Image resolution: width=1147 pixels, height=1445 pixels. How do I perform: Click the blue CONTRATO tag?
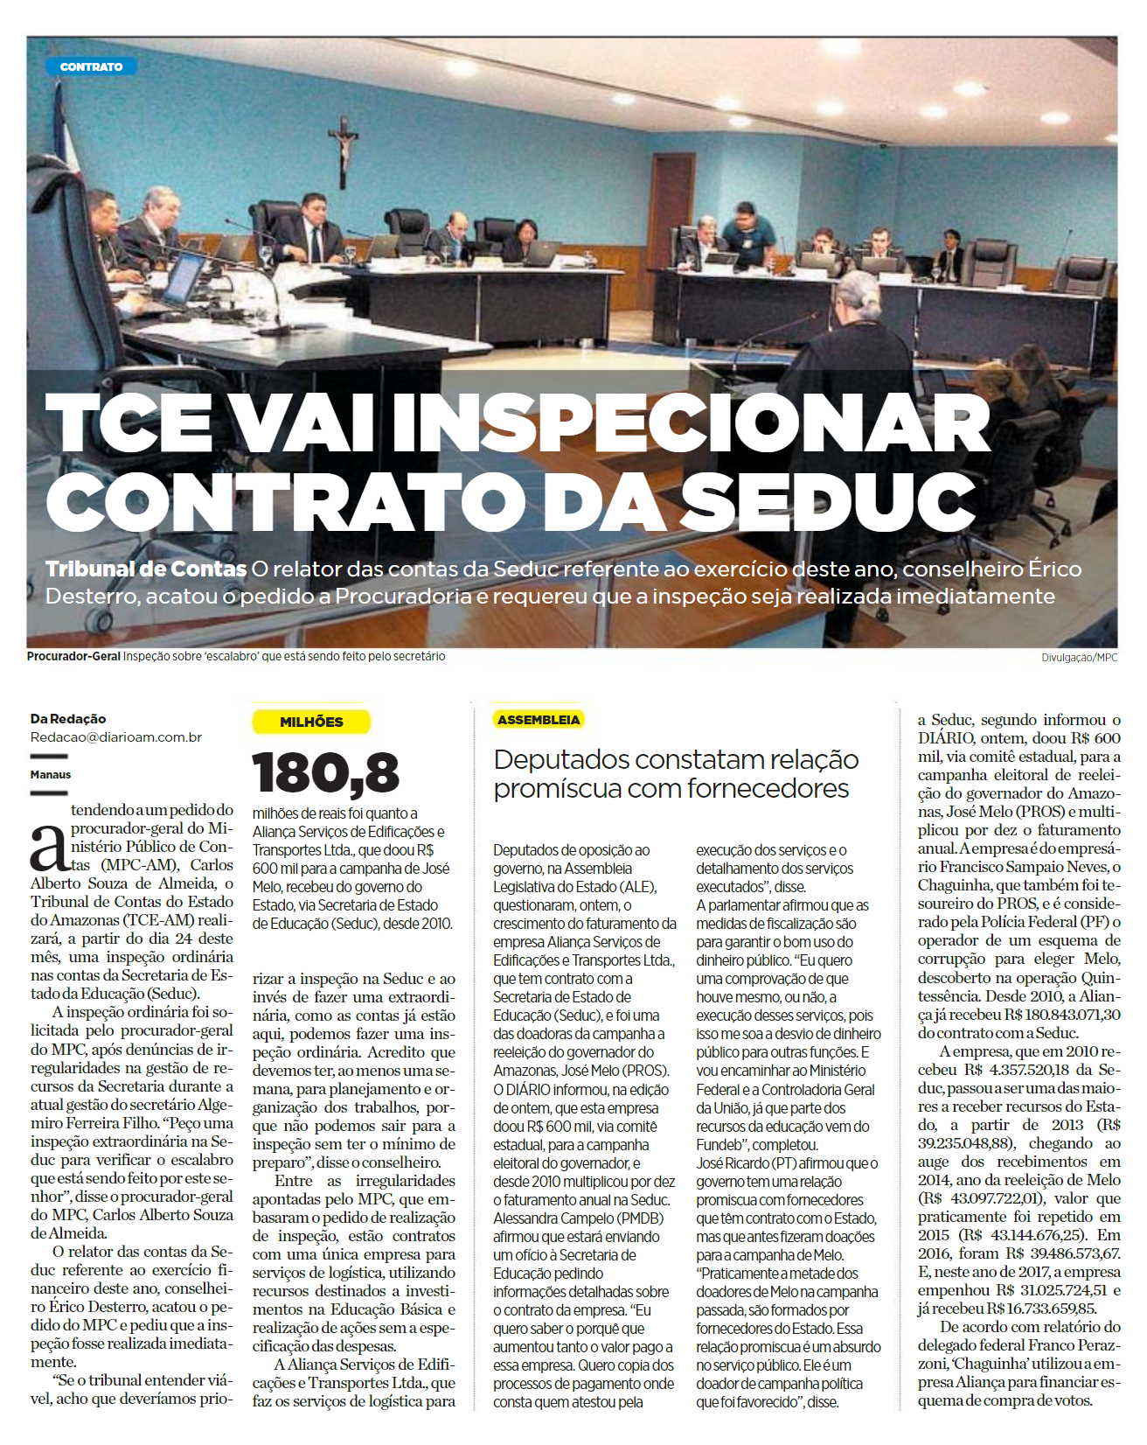(x=91, y=66)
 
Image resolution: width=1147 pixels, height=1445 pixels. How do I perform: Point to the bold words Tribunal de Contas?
(x=146, y=569)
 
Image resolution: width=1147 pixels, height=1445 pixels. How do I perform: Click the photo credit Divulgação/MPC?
(x=1079, y=658)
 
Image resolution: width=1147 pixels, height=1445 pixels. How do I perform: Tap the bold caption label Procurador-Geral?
(x=73, y=656)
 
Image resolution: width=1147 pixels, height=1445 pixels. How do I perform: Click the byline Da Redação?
(x=68, y=719)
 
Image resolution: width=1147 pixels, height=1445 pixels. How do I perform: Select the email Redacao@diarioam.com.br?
(x=116, y=737)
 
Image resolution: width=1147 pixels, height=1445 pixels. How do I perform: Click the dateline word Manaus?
(x=51, y=775)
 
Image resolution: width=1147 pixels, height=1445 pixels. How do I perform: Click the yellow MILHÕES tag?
(x=311, y=722)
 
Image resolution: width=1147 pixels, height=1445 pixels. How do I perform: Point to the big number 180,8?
(x=325, y=773)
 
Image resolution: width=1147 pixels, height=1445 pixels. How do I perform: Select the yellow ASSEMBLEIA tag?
(x=539, y=720)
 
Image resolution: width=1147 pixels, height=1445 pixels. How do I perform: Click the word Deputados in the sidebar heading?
(x=561, y=759)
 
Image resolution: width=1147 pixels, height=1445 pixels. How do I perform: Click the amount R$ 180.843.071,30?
(x=1062, y=1015)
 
